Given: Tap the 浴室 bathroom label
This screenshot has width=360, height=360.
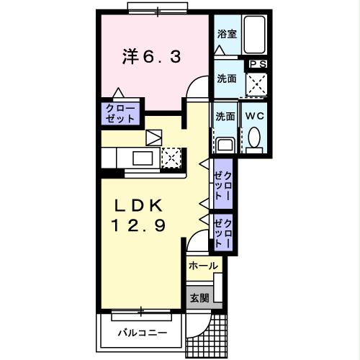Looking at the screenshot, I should (x=228, y=34).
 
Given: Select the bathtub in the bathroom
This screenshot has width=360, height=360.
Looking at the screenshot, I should (x=254, y=33).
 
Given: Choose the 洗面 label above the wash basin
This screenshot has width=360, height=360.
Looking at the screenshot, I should (x=225, y=115).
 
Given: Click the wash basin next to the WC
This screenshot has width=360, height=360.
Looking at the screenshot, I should (x=225, y=143).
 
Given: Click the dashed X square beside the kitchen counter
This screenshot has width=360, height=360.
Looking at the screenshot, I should (x=172, y=157).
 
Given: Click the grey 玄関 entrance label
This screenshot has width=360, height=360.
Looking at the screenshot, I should (x=199, y=297).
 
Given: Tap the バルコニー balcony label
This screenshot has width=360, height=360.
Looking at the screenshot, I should (x=143, y=333).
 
